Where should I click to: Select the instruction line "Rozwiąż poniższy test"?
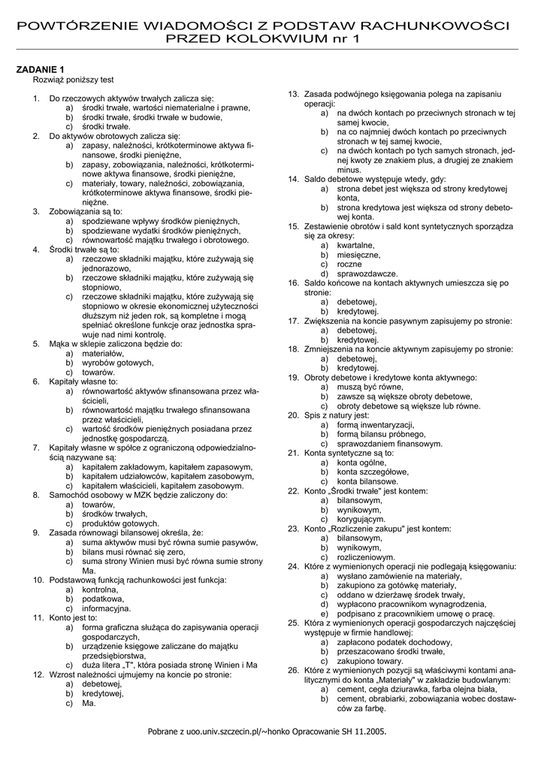73,79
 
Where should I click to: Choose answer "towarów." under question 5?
98,372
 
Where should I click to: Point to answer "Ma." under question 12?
89,703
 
